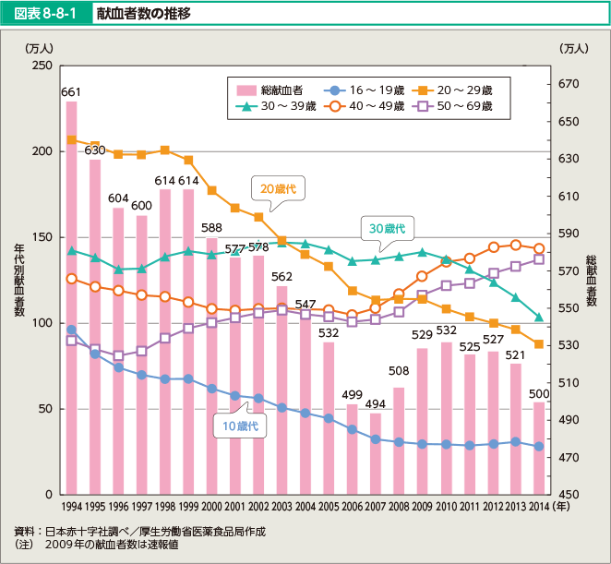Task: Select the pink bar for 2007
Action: pyautogui.click(x=376, y=453)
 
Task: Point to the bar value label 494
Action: pyautogui.click(x=376, y=403)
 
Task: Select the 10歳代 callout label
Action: pyautogui.click(x=239, y=426)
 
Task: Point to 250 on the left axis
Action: pyautogui.click(x=41, y=66)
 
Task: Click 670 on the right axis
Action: pyautogui.click(x=567, y=84)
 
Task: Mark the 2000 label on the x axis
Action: pyautogui.click(x=212, y=507)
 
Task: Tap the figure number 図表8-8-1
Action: pyautogui.click(x=46, y=15)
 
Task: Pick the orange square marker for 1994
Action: pyautogui.click(x=71, y=140)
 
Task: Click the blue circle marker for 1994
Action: pyautogui.click(x=71, y=330)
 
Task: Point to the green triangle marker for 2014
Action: pyautogui.click(x=539, y=318)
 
